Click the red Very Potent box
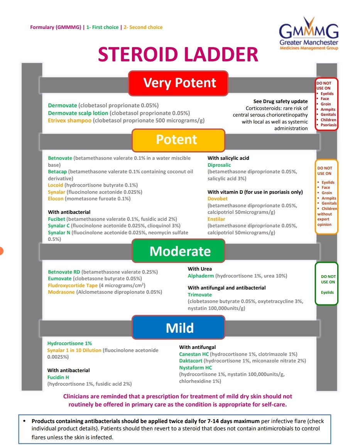click(x=178, y=83)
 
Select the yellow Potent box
click(x=178, y=140)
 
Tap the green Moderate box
click(x=178, y=251)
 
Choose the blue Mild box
click(x=178, y=327)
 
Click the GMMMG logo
click(x=309, y=34)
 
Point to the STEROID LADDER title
click(x=178, y=54)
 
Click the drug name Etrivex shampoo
click(x=69, y=120)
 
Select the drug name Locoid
click(x=55, y=185)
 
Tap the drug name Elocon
click(x=56, y=199)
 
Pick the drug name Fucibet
click(x=56, y=219)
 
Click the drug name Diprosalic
click(x=219, y=165)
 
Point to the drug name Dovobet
click(x=218, y=199)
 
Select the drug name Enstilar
click(x=216, y=219)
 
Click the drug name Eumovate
click(x=59, y=279)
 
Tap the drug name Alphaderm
click(x=201, y=276)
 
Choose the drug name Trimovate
click(x=200, y=295)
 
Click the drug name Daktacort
click(x=191, y=361)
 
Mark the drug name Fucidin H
click(x=58, y=377)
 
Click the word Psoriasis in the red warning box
click(x=328, y=125)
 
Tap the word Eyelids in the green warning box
click(x=327, y=293)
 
